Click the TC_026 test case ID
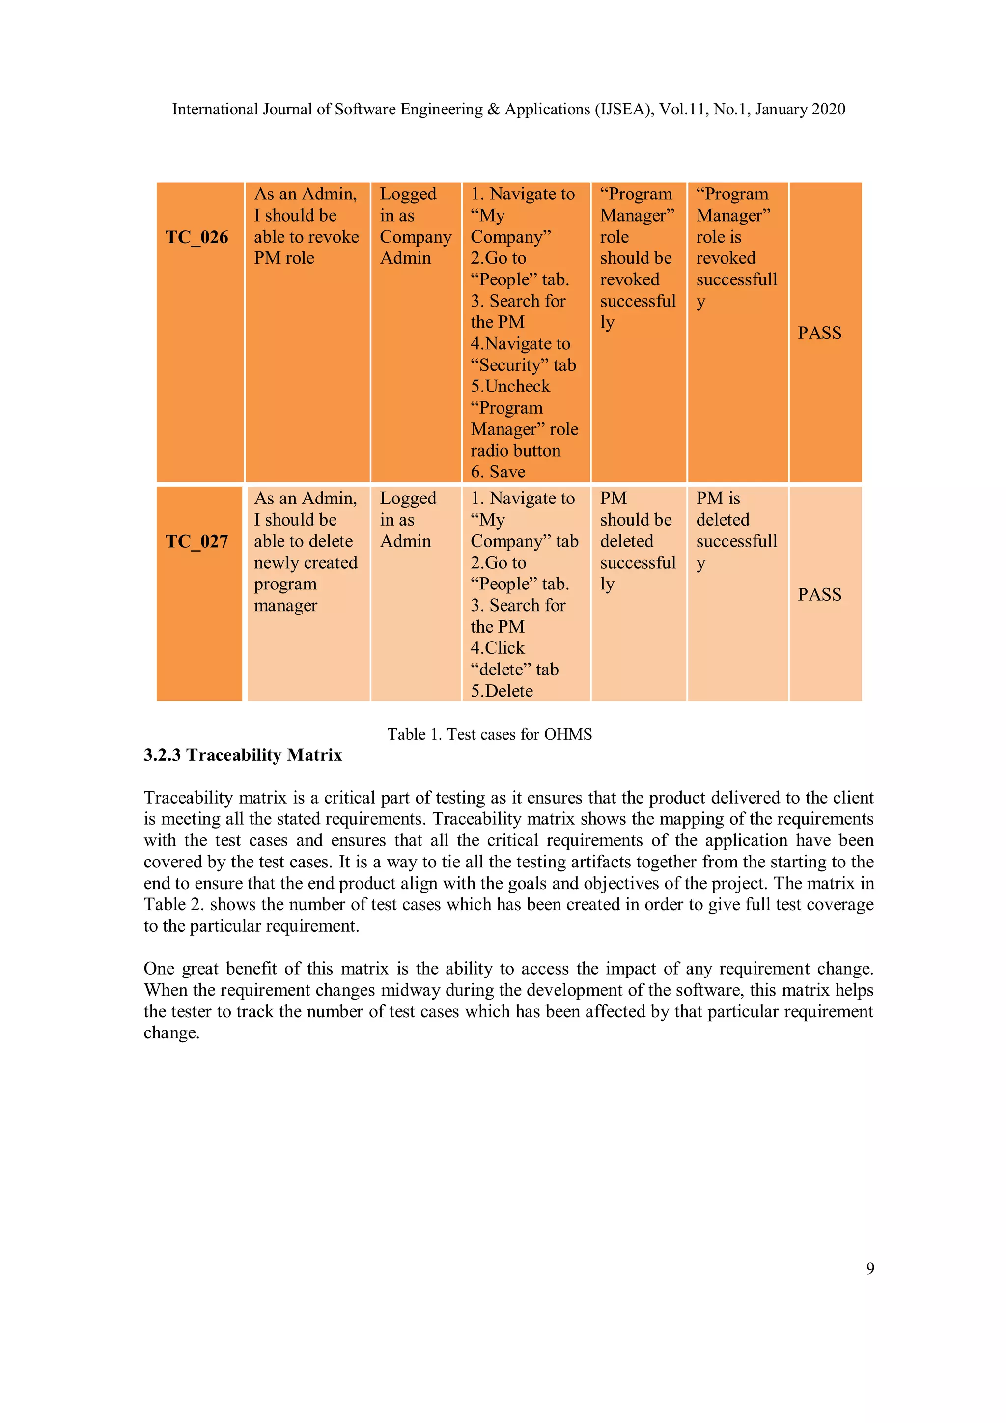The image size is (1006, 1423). [x=196, y=237]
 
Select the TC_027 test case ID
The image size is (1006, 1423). [x=196, y=542]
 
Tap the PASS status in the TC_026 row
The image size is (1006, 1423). [x=819, y=334]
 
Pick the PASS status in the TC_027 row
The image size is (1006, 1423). [x=819, y=595]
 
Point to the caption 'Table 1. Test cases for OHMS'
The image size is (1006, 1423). [x=490, y=734]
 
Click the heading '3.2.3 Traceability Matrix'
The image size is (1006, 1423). [x=243, y=755]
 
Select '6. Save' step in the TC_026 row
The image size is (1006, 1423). [x=498, y=472]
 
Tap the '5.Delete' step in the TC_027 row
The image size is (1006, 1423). [x=502, y=691]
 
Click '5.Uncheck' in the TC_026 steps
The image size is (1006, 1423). [x=510, y=387]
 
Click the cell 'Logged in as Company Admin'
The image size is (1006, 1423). [x=415, y=226]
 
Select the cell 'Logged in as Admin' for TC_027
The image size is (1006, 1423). [x=408, y=520]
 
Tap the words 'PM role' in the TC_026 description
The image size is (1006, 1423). [x=284, y=258]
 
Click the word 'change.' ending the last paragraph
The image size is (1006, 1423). [x=172, y=1033]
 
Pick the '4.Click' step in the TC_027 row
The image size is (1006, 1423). [x=497, y=648]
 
